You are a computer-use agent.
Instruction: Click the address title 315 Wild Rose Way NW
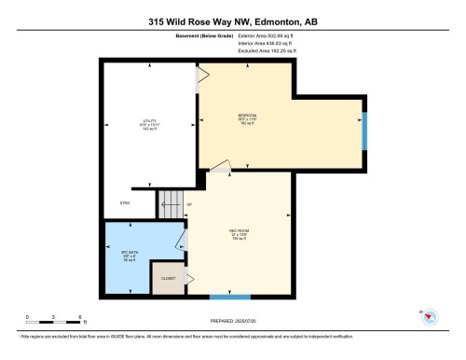(233, 21)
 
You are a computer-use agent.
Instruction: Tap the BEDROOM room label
(248, 118)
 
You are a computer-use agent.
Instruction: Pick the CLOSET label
(169, 278)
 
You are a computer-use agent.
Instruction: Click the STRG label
(124, 202)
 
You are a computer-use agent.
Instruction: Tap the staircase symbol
(171, 203)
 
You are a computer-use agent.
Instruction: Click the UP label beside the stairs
(188, 202)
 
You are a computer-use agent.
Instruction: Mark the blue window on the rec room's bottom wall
(229, 298)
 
